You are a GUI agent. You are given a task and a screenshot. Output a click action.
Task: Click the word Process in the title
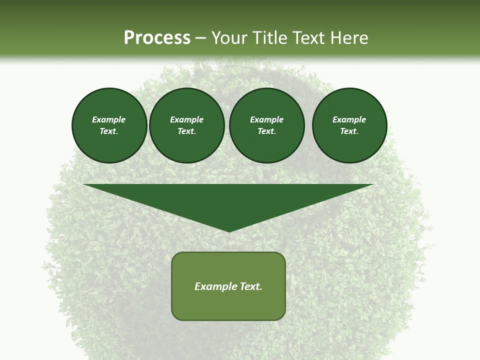point(157,38)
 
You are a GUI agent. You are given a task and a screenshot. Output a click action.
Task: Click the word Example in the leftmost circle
point(109,119)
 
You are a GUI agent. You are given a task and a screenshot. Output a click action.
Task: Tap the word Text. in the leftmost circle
point(109,131)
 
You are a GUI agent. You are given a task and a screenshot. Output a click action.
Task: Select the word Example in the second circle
point(187,119)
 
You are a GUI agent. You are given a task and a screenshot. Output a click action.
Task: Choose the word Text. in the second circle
point(187,131)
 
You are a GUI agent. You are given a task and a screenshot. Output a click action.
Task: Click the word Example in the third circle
point(267,119)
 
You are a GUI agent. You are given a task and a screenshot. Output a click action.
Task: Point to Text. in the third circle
point(267,131)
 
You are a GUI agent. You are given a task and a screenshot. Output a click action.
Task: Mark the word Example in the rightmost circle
point(349,119)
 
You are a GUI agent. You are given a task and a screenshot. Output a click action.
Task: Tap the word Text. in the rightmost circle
point(349,131)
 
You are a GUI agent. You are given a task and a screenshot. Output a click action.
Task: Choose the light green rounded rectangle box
point(228,305)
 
